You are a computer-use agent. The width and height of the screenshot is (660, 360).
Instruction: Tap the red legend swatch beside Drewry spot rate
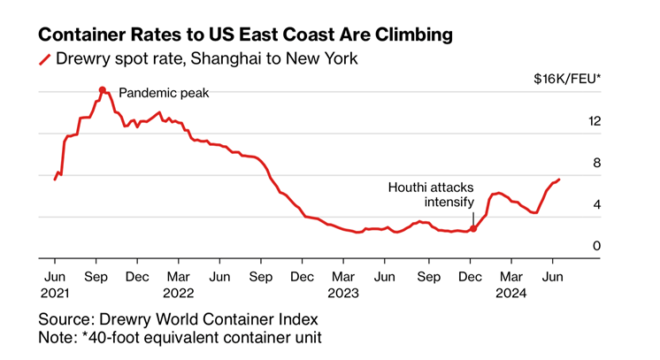(x=44, y=60)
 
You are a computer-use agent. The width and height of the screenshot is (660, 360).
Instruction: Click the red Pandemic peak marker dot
(x=102, y=89)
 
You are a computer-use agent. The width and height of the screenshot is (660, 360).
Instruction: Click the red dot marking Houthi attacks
(x=473, y=228)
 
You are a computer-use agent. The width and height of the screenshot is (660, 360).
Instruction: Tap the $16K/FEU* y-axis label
(x=567, y=79)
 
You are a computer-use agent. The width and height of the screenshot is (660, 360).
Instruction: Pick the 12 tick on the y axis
(x=595, y=120)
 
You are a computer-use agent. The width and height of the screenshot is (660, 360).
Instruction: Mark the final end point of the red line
(x=558, y=180)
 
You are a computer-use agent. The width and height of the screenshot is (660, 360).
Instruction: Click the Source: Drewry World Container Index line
(x=178, y=319)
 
